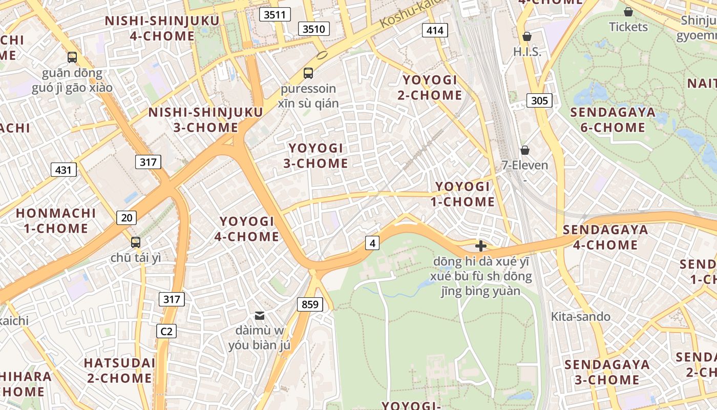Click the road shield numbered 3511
[275, 14]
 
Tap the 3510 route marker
[313, 29]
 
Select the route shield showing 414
[435, 30]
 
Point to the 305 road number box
[539, 100]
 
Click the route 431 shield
[64, 170]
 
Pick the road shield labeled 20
[126, 218]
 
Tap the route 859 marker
[310, 304]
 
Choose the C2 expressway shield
[166, 331]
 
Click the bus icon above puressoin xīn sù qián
[308, 73]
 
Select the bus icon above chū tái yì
[136, 242]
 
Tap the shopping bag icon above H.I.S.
[526, 36]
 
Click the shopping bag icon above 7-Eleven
[525, 150]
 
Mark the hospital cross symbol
[481, 246]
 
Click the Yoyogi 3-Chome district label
[315, 156]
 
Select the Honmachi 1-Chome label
[56, 220]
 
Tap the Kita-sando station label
[581, 316]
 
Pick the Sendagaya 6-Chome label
[613, 119]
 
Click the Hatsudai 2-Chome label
[119, 371]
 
